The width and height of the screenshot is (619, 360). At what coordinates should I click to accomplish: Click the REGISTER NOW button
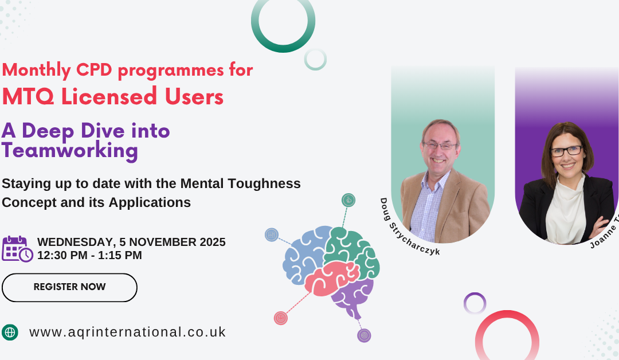69,287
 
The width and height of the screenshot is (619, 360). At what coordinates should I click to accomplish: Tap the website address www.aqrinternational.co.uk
127,332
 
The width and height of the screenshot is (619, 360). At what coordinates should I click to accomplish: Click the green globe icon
10,332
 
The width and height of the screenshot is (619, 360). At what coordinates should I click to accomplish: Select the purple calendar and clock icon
17,249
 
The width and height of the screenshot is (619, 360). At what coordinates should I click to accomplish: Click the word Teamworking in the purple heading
70,151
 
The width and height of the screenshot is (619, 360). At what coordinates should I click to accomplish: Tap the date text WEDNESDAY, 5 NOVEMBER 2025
131,242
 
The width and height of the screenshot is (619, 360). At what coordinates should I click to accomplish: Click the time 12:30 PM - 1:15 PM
89,256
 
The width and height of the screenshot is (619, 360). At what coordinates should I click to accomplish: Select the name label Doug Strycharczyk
409,226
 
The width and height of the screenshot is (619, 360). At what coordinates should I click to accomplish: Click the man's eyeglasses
440,146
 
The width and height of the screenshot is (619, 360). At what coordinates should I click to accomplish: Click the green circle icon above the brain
348,200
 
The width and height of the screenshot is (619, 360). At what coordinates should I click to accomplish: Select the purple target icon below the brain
364,335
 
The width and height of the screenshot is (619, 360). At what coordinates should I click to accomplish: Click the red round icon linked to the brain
280,318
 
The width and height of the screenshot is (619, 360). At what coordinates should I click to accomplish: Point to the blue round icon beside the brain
272,234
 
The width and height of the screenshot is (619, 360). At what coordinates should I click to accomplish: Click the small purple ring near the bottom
475,303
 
